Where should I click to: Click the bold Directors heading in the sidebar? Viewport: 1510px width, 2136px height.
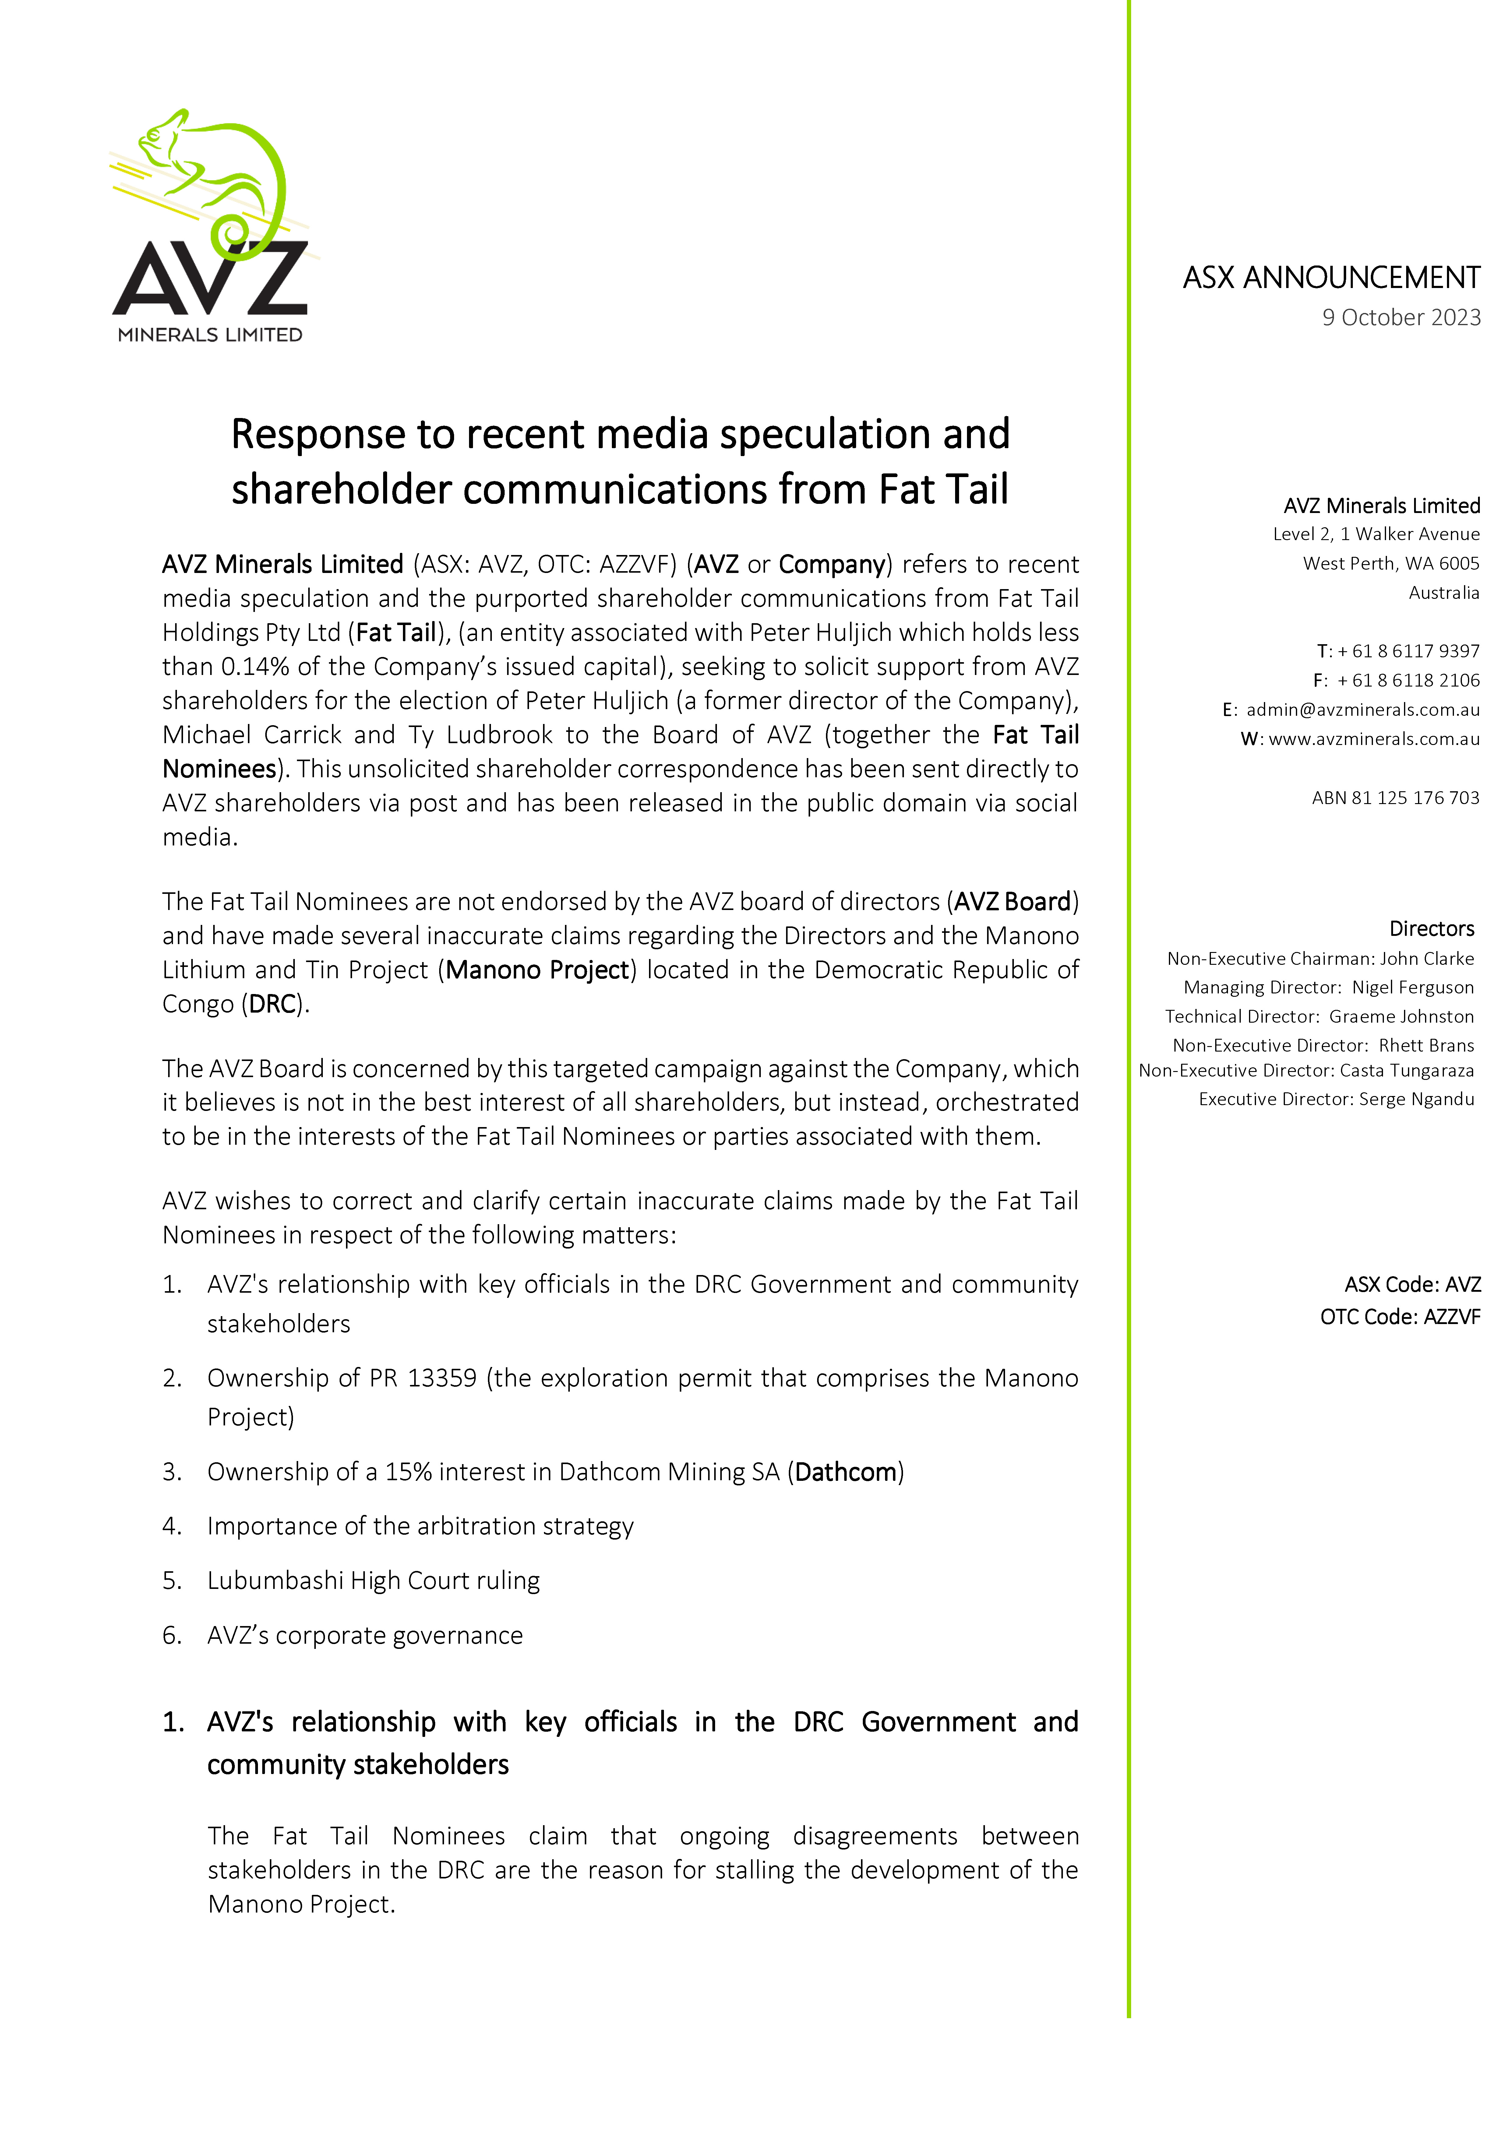point(1431,929)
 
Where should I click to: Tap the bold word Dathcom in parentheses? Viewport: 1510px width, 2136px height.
point(846,1472)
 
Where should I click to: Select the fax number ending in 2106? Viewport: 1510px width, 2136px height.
point(1408,680)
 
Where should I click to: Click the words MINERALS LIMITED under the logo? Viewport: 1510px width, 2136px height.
point(210,335)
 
